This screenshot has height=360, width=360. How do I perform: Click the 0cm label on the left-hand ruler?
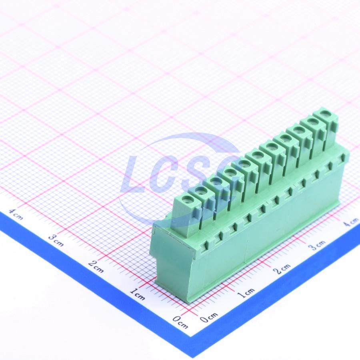point(180,322)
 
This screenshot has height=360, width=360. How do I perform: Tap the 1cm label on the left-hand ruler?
point(137,294)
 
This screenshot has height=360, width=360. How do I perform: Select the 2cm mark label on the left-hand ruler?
point(96,266)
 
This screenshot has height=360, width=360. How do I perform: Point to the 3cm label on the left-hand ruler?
point(56,240)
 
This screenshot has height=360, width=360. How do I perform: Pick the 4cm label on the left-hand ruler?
point(16,214)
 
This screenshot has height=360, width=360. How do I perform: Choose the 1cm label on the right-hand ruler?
point(246,293)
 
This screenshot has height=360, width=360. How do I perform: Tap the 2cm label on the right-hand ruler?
point(282,269)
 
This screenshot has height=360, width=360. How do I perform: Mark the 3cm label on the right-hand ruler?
point(317,245)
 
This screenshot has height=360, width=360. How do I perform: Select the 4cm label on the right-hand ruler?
point(351,222)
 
